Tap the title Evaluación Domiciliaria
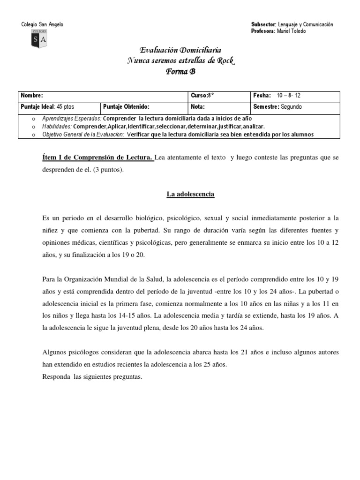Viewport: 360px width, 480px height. pyautogui.click(x=180, y=50)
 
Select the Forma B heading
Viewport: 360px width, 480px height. pyautogui.click(x=180, y=72)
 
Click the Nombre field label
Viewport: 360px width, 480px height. pyautogui.click(x=32, y=95)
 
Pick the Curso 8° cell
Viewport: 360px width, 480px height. pyautogui.click(x=202, y=95)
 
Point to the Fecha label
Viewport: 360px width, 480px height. pyautogui.click(x=262, y=95)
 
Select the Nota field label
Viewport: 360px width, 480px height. pyautogui.click(x=198, y=106)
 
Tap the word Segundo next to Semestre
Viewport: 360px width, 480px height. pyautogui.click(x=291, y=106)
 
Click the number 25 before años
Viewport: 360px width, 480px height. pyautogui.click(x=210, y=364)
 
